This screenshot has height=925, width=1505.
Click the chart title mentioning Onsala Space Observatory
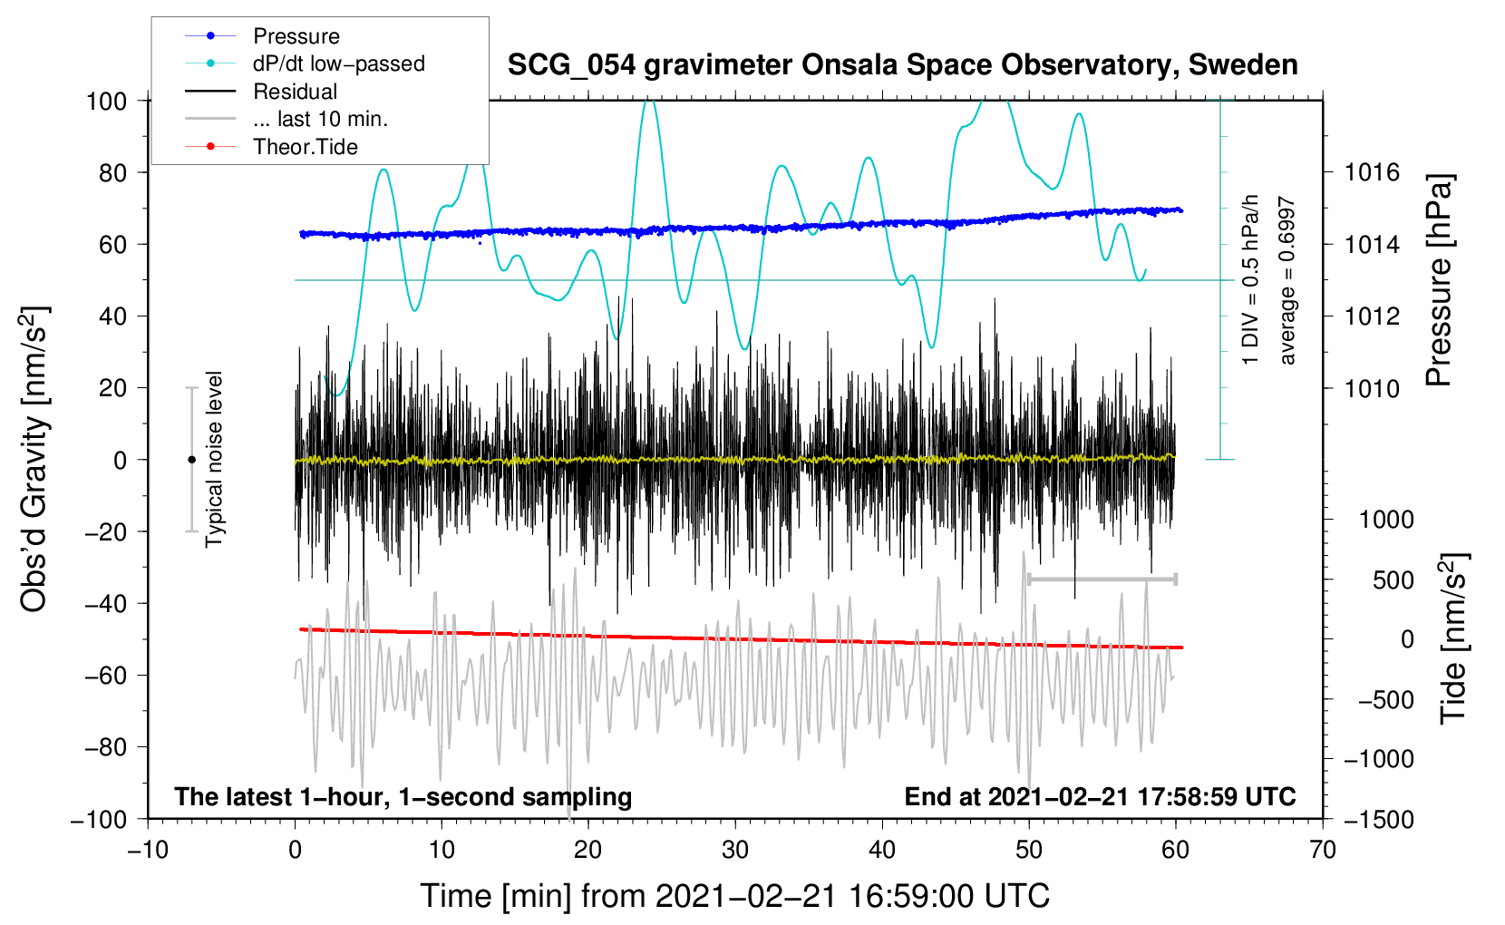coord(902,65)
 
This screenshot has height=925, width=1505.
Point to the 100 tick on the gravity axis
coord(107,102)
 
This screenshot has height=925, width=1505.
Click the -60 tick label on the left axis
coord(105,676)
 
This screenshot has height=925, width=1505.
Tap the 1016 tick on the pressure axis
coord(1372,173)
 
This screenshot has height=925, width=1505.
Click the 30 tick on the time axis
coord(735,850)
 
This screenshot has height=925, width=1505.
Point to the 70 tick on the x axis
coord(1322,850)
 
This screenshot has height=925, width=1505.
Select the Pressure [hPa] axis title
coord(1439,280)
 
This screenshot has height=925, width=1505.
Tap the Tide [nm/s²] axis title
coord(1454,638)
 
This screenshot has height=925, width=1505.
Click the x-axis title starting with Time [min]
coord(735,896)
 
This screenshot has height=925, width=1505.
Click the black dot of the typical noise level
coord(191,460)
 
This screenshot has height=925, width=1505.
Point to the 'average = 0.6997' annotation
coord(1287,281)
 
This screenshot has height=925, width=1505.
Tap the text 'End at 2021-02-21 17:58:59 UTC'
coord(1100,796)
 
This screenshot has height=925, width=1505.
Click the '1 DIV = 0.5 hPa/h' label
coord(1249,280)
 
